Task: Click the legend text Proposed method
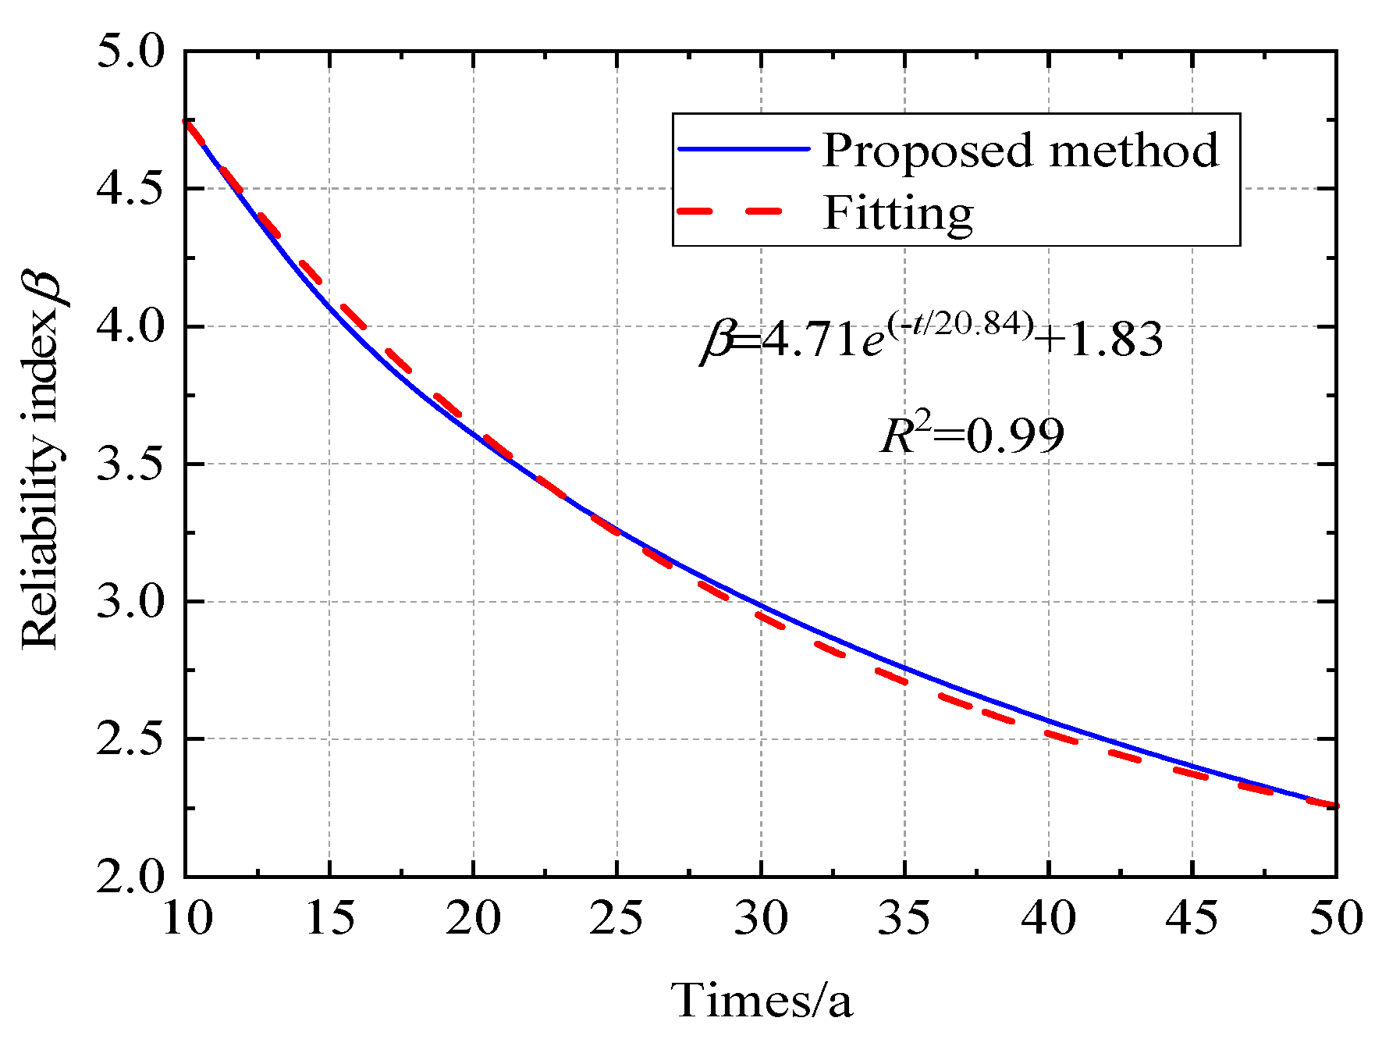[x=1019, y=150]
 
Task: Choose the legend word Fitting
[x=897, y=212]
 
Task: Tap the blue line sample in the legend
[x=743, y=148]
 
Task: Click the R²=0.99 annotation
[x=972, y=435]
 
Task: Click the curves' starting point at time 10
[x=186, y=120]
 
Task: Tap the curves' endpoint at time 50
[x=1336, y=806]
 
